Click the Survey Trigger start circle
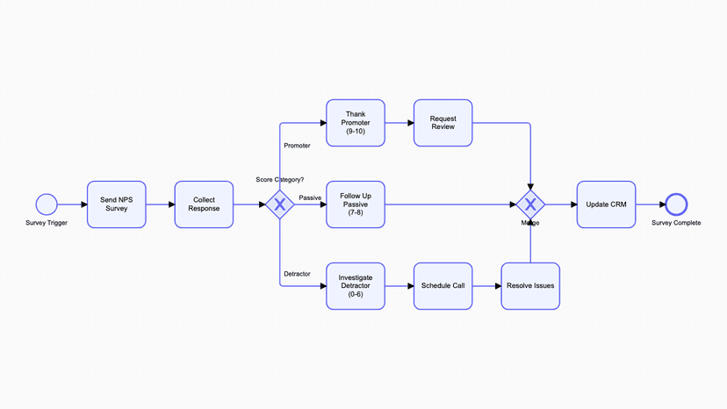tap(47, 204)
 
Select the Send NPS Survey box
tap(117, 204)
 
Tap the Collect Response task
tap(204, 204)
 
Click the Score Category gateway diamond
tap(280, 204)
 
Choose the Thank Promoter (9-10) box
tap(356, 123)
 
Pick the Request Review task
tap(443, 123)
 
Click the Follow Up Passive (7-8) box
tap(356, 204)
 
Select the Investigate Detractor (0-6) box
tap(356, 286)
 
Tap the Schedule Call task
tap(443, 286)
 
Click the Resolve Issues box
tap(530, 286)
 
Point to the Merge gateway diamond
tap(530, 204)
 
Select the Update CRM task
tap(606, 204)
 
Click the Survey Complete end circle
tap(676, 204)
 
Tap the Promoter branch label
tap(297, 146)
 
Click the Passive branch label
tap(310, 198)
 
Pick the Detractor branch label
tap(297, 274)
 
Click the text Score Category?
tap(280, 180)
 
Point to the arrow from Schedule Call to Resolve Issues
tap(486, 286)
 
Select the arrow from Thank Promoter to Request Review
tap(399, 123)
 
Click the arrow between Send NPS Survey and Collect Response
tap(160, 204)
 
